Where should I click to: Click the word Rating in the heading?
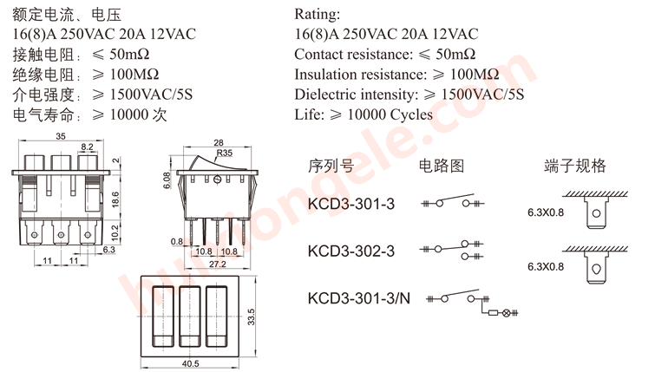click(x=318, y=15)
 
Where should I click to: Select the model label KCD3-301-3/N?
click(x=358, y=298)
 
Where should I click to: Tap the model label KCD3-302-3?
click(x=350, y=251)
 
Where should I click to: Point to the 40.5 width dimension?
click(x=191, y=363)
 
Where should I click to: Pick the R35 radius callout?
click(x=225, y=153)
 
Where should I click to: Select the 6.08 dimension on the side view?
click(x=167, y=179)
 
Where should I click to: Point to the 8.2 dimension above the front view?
click(x=87, y=147)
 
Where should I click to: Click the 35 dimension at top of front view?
click(x=62, y=137)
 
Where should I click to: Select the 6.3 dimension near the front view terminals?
click(x=109, y=250)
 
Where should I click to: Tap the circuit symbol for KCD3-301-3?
click(x=451, y=204)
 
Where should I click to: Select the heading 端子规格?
click(x=574, y=166)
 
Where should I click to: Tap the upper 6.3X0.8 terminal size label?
click(x=546, y=212)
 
